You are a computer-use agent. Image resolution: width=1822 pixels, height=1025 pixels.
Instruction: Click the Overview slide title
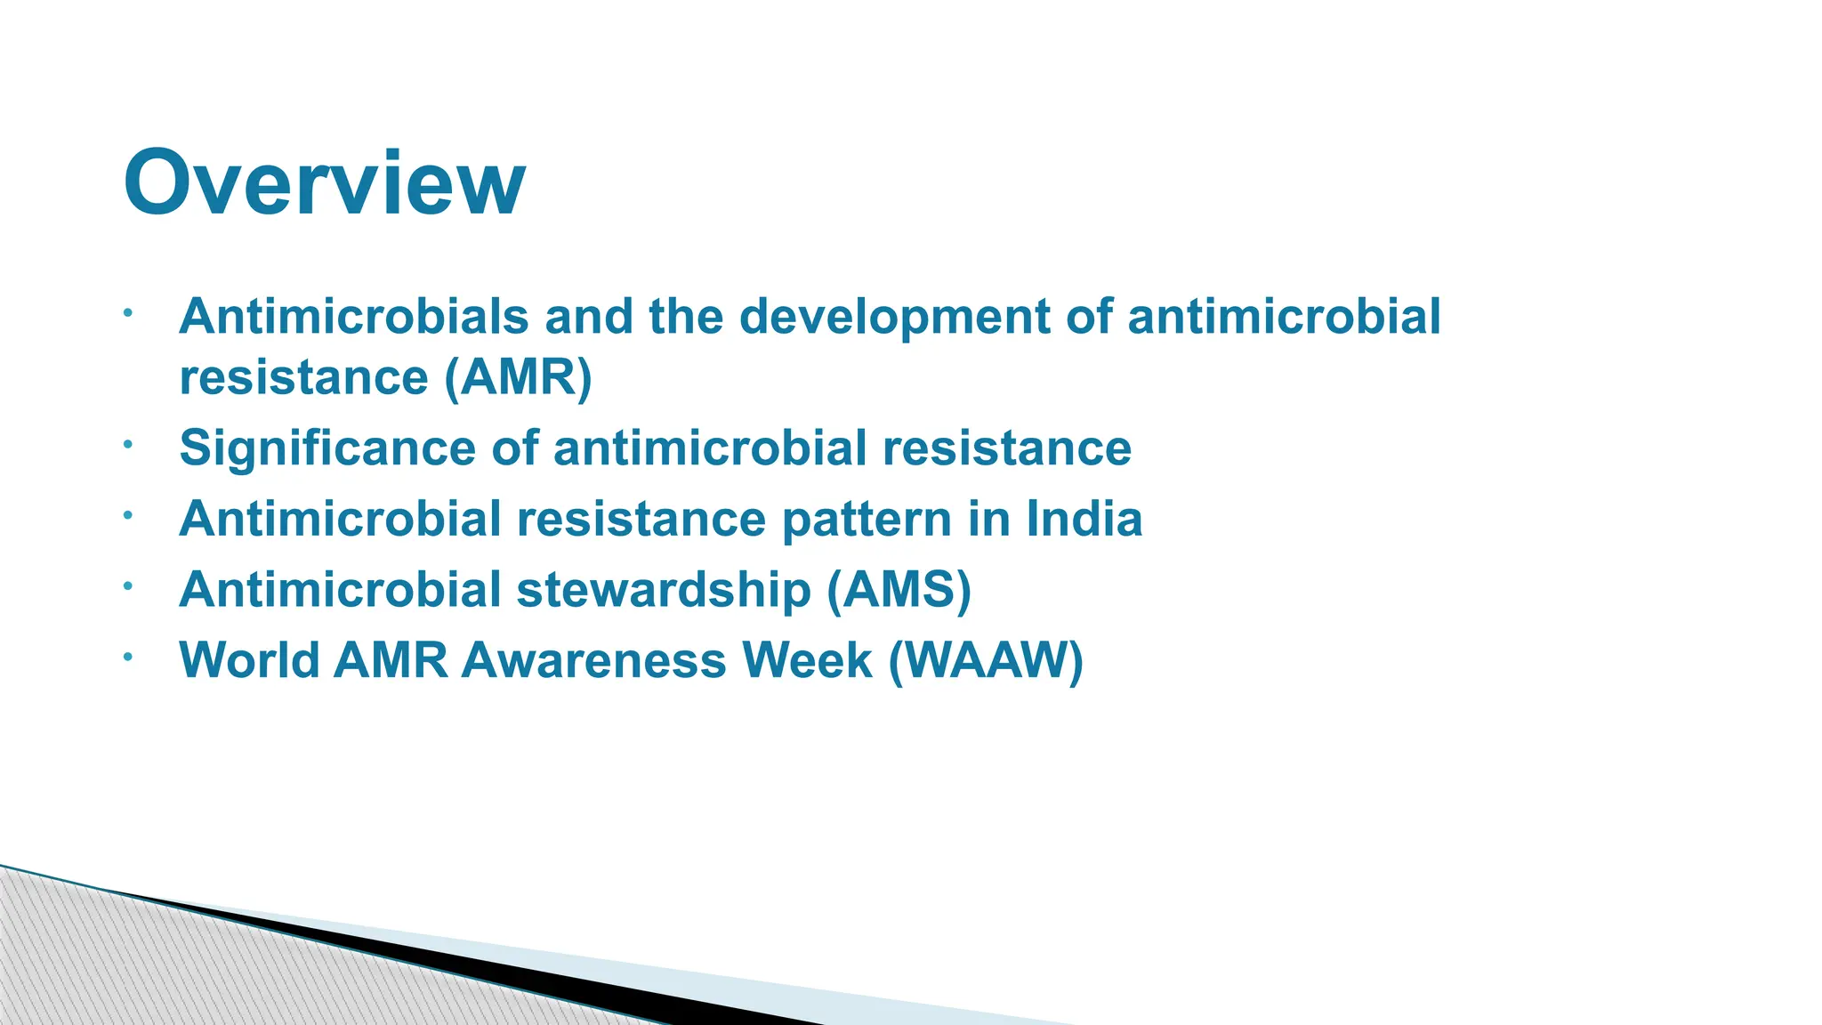pos(324,182)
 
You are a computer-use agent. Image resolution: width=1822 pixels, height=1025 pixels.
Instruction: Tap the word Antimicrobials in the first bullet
pos(354,317)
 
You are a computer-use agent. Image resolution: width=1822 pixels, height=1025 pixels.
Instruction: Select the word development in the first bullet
pos(894,317)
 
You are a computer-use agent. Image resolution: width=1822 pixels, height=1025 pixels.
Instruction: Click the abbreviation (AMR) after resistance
pos(518,377)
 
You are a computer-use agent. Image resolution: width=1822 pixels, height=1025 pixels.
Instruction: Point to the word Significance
pos(327,448)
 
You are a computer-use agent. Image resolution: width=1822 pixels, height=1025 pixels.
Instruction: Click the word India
pos(1084,519)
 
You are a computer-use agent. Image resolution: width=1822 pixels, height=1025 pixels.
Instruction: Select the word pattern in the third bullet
pos(867,521)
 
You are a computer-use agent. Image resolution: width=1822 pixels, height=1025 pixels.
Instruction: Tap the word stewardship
pos(663,590)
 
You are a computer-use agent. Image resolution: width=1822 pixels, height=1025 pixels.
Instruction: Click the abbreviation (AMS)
pos(899,590)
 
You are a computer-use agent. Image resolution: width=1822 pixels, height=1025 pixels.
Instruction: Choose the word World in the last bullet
pos(249,660)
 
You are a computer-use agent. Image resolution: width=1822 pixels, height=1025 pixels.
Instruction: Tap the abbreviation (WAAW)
pos(986,660)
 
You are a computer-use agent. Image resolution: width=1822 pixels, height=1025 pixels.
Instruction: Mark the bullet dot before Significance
pos(128,444)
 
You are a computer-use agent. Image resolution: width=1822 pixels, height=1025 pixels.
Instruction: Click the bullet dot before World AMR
pos(128,657)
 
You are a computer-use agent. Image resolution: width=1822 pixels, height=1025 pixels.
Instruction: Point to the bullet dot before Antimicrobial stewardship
pos(128,586)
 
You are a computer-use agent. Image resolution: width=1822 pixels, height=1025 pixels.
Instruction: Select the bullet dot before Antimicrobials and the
pos(128,313)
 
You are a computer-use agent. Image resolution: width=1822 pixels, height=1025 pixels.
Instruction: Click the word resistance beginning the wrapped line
pos(303,377)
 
